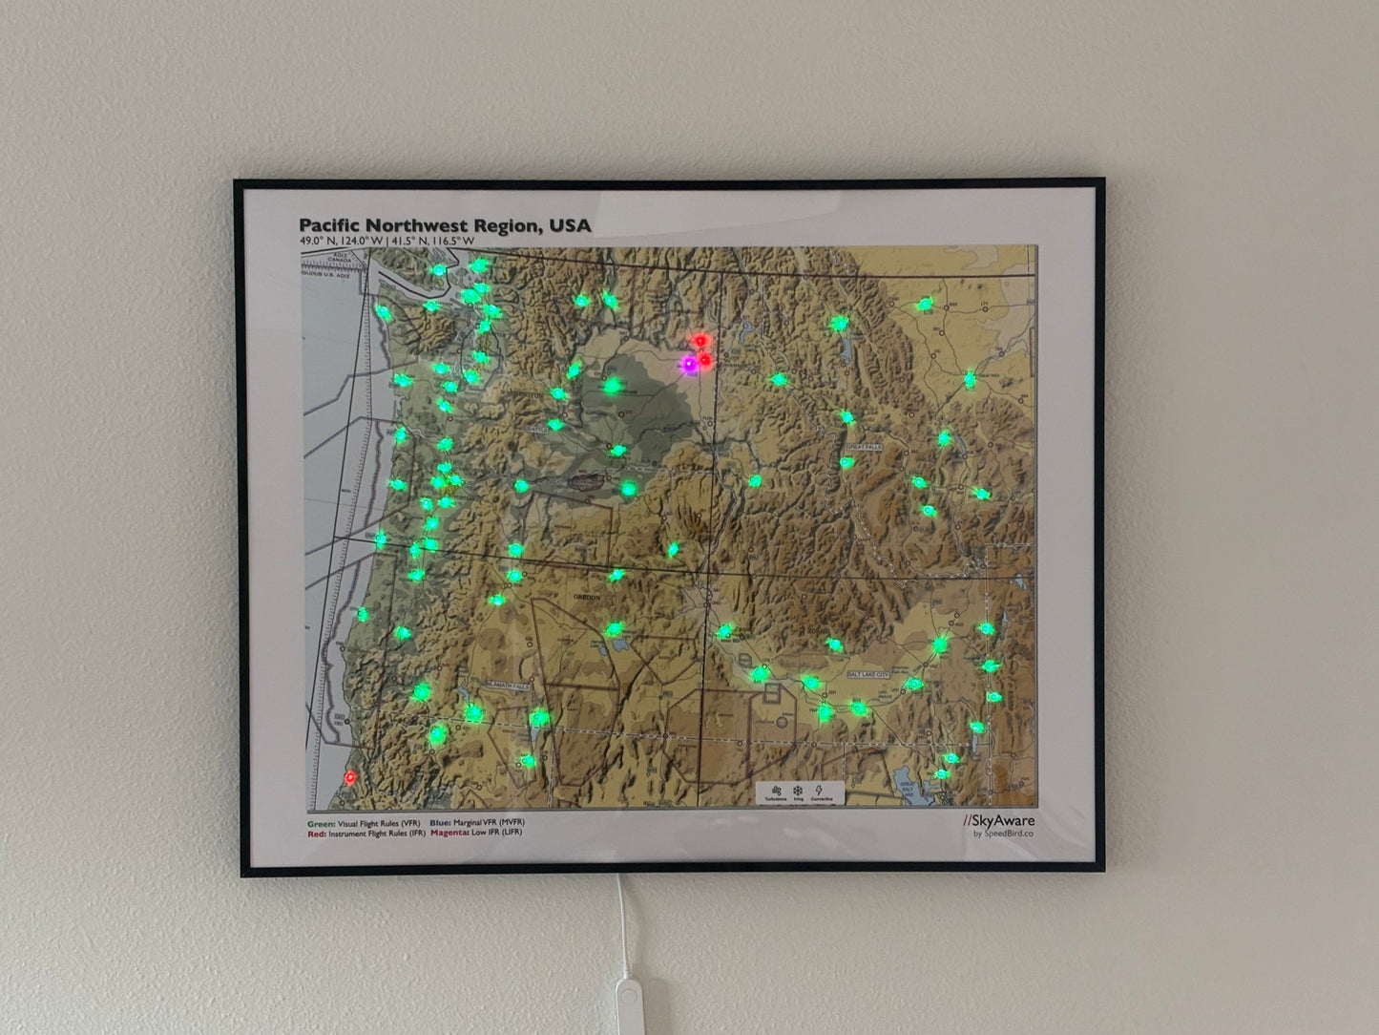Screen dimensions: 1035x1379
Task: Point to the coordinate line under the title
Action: tap(387, 242)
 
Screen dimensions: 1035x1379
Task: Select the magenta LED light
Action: tap(688, 364)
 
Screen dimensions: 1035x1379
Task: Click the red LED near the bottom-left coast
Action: tap(351, 778)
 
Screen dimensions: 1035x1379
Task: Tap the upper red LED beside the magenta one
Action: tap(702, 340)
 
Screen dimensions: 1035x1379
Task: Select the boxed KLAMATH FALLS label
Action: tap(508, 686)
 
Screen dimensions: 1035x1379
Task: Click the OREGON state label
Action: tap(585, 597)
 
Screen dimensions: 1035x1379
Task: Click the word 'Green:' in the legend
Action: tap(321, 822)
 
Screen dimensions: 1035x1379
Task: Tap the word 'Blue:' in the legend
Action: tap(441, 822)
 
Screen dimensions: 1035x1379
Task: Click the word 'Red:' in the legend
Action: tap(317, 833)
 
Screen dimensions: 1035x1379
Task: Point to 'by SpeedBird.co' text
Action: tap(1004, 834)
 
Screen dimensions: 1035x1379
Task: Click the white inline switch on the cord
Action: tap(627, 1008)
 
